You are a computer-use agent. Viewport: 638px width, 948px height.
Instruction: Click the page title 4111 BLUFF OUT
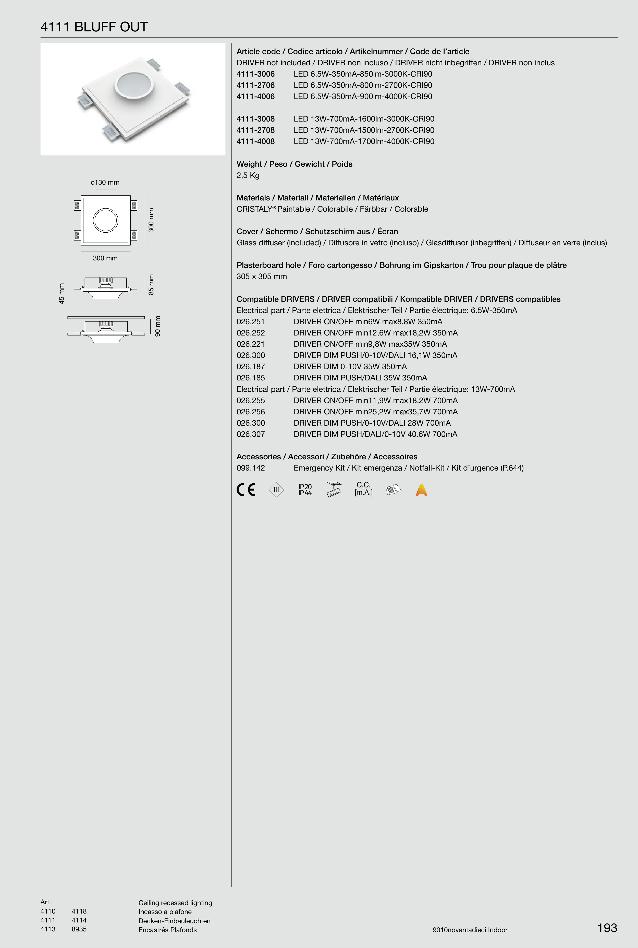(94, 27)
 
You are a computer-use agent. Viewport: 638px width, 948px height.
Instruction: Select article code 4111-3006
(255, 74)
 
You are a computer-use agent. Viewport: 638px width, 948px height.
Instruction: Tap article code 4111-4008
(255, 142)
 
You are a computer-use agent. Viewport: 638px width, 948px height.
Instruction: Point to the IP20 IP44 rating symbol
(305, 490)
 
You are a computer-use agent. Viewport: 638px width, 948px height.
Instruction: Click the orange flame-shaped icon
(421, 490)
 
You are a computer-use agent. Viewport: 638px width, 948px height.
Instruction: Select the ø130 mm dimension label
(105, 182)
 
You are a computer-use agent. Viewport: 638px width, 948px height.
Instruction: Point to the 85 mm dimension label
(151, 284)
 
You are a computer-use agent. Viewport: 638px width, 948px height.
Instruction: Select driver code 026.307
(251, 434)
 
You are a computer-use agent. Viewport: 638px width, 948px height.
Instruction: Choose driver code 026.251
(251, 321)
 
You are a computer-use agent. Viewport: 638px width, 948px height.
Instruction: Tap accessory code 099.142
(251, 468)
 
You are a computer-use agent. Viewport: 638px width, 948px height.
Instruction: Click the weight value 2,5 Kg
(248, 175)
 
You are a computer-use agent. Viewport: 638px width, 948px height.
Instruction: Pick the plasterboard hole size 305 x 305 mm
(262, 276)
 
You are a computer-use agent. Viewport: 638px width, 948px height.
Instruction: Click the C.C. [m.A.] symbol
(363, 489)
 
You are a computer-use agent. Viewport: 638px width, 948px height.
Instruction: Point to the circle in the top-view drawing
(105, 220)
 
